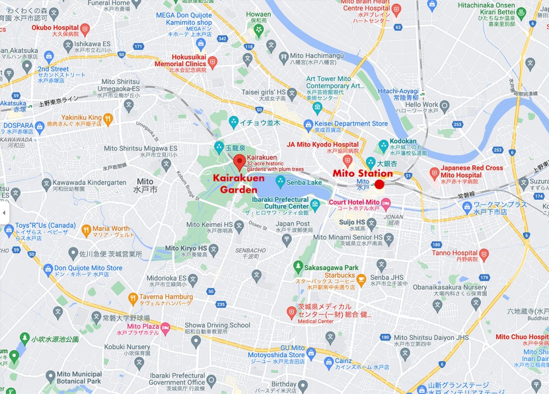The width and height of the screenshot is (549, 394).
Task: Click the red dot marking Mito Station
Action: pos(379,184)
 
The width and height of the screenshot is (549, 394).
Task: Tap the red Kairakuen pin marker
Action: pos(239,161)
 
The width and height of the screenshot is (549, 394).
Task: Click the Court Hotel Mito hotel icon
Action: pos(385,202)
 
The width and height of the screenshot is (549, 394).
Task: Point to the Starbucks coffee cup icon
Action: pos(361,279)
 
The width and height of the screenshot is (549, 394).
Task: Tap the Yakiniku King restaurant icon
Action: pos(108,118)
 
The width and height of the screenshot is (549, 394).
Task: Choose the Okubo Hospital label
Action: pos(55,27)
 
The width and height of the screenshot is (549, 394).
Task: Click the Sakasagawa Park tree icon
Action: pos(298,266)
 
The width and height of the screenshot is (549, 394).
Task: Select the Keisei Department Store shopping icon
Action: pos(308,125)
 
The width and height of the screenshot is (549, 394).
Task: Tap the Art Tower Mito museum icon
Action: pos(317,107)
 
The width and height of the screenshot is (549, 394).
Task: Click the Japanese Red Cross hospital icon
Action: pos(434,173)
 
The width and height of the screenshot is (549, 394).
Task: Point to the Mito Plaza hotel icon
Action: pos(166,326)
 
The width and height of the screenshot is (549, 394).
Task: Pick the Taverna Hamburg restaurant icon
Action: pos(133,298)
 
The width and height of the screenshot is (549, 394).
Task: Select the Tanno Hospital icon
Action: pos(484,253)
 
